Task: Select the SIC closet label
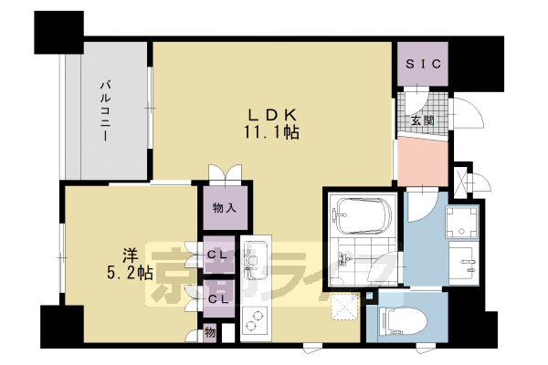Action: pyautogui.click(x=423, y=64)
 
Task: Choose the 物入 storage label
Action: pyautogui.click(x=224, y=209)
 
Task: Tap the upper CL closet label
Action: pyautogui.click(x=217, y=255)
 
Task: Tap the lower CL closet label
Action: pyautogui.click(x=217, y=297)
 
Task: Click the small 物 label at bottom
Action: pyautogui.click(x=209, y=332)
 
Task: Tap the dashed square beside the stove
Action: pyautogui.click(x=345, y=309)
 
